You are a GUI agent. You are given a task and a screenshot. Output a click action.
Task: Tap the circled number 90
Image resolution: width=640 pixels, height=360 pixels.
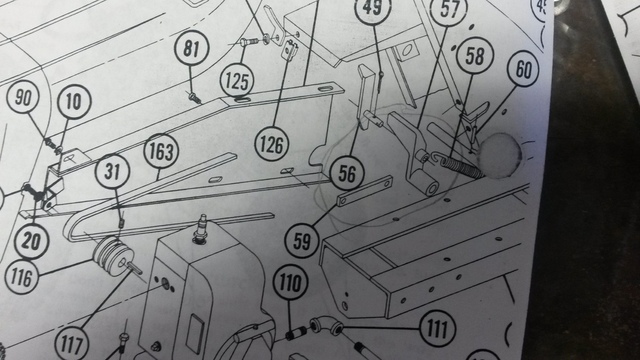[x=22, y=98]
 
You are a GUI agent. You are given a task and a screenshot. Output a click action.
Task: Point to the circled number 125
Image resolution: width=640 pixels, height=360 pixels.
[x=238, y=77]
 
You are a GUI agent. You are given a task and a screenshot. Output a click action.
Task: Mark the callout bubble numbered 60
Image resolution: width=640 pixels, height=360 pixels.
[x=524, y=71]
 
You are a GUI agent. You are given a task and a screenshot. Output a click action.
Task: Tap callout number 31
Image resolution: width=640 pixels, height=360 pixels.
[x=113, y=173]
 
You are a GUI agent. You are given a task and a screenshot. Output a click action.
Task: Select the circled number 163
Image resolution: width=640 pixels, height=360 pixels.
[x=159, y=154]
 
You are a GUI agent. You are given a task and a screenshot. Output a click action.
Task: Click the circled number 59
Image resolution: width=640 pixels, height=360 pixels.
[x=301, y=240]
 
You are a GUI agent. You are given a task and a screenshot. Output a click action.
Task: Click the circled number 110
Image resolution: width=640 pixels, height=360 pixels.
[x=290, y=285]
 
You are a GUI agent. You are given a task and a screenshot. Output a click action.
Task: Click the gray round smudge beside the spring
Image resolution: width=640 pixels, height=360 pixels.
[x=500, y=154]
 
